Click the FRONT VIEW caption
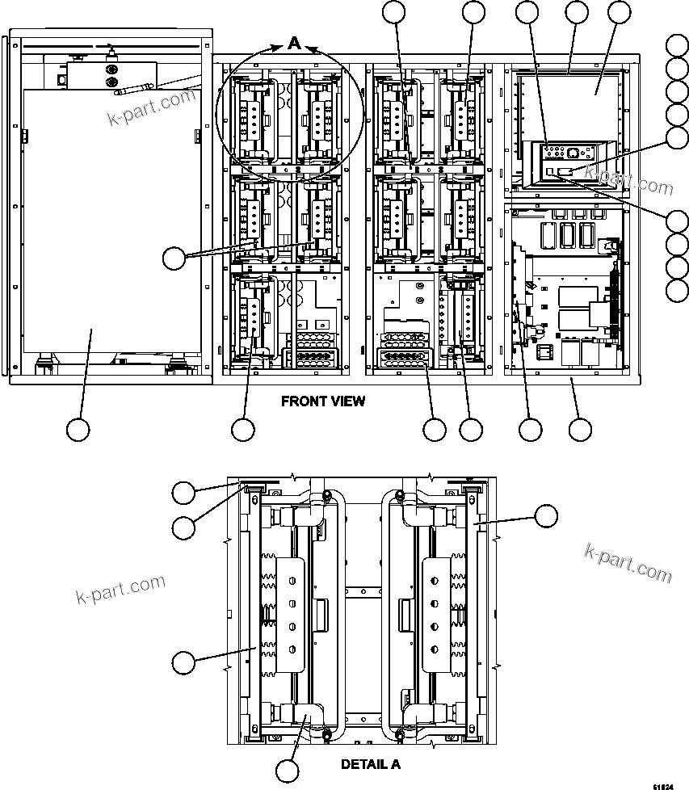point(322,401)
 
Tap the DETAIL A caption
point(370,764)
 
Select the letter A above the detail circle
point(295,44)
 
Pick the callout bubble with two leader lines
point(174,258)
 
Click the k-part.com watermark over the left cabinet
point(152,108)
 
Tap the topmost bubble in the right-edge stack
point(678,46)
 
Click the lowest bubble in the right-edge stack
point(678,289)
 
